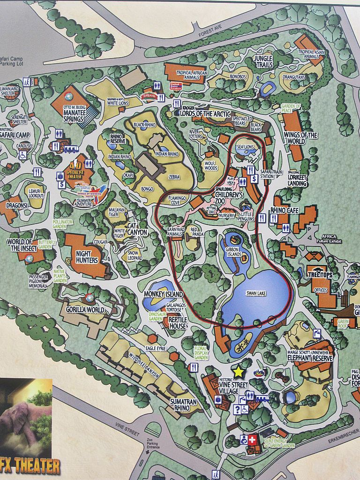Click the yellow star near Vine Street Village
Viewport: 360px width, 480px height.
click(x=239, y=372)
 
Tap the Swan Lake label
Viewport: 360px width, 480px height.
click(x=256, y=293)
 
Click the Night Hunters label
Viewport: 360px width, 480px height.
click(x=87, y=257)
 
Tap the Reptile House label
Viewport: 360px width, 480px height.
click(x=175, y=323)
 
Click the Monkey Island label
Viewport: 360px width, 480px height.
click(x=163, y=294)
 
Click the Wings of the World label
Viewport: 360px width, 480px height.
click(x=300, y=138)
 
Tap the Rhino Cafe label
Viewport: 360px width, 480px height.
click(x=285, y=210)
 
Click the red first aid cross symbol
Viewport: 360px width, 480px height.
click(x=252, y=440)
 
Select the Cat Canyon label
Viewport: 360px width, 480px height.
click(x=137, y=229)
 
